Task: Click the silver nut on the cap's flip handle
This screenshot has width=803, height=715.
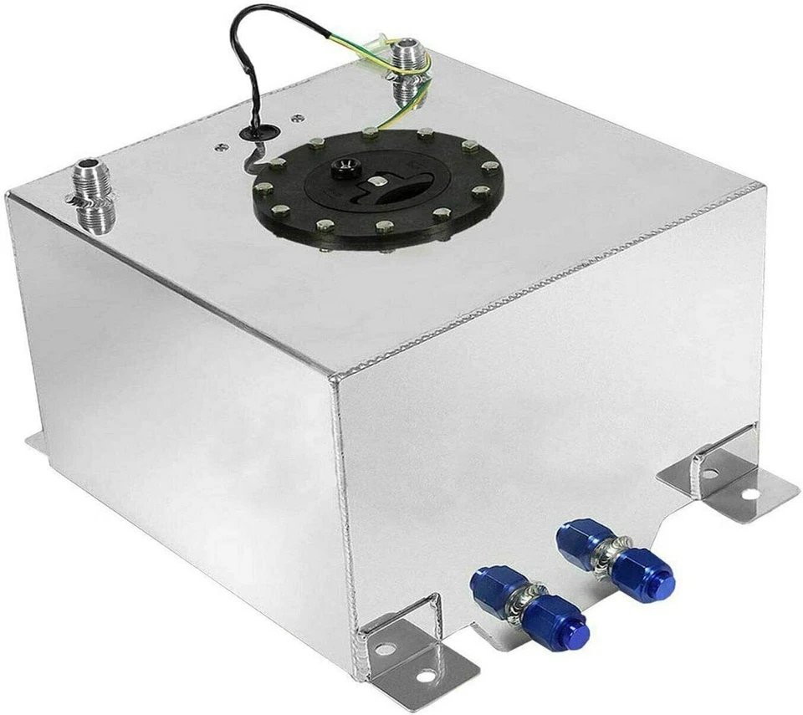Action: coord(376,182)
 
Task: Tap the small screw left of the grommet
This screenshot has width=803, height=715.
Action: coord(220,147)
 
